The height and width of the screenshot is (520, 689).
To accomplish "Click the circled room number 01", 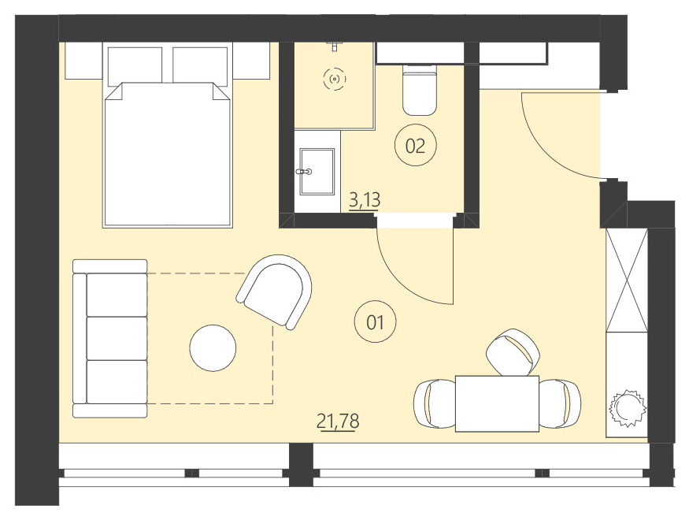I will click(375, 321).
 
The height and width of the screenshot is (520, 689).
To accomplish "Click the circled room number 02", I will click(415, 145).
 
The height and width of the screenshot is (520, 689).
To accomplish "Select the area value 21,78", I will click(338, 422).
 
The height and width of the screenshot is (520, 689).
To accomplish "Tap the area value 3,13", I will click(365, 200).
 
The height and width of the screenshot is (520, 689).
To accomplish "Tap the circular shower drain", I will click(335, 79).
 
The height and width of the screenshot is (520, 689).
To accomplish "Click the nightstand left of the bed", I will click(83, 61).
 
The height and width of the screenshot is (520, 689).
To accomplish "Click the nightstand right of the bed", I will click(251, 61).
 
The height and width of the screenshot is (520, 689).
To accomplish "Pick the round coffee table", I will click(213, 347).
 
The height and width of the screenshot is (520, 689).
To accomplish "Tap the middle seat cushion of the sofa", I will click(117, 338).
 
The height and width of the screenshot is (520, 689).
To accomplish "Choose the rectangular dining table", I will click(497, 403).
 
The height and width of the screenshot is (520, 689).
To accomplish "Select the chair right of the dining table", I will click(560, 403).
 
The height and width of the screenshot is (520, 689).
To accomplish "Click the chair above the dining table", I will click(513, 351).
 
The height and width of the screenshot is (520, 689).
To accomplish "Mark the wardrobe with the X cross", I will click(627, 280).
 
